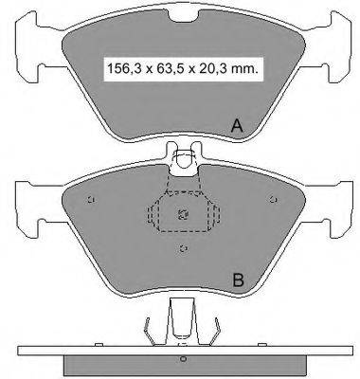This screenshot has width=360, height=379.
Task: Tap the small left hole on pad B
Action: [x=91, y=199]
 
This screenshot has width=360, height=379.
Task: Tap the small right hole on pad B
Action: [x=272, y=199]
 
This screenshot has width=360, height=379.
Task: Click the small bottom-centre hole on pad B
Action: [x=181, y=249]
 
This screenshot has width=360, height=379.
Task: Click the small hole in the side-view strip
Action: [x=181, y=359]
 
